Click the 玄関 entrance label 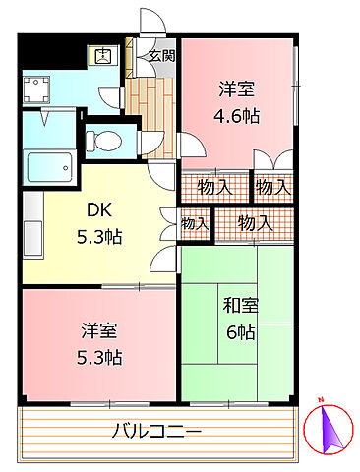point(161,56)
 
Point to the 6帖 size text point(239,331)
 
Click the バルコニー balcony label point(156,431)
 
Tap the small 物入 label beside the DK point(195,224)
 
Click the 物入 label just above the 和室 point(255,224)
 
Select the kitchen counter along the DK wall point(30,225)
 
